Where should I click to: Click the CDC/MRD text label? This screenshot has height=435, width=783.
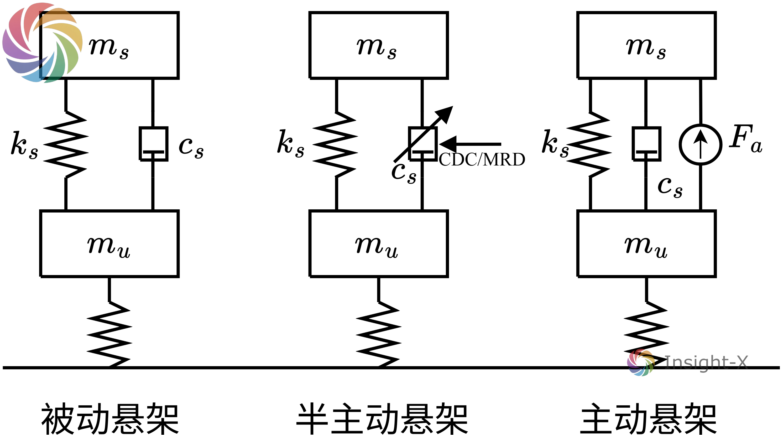(482, 159)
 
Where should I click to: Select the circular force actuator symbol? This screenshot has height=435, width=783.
(700, 145)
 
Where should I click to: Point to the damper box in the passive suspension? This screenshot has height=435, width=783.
(154, 144)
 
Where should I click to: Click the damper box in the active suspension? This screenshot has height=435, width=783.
(646, 144)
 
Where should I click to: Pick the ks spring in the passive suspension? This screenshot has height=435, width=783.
(66, 144)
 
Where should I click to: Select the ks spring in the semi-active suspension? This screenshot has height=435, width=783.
(336, 144)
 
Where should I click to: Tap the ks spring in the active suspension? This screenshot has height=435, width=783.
(590, 144)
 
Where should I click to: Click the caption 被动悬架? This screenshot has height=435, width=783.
(110, 419)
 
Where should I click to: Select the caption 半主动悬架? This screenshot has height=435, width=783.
(382, 419)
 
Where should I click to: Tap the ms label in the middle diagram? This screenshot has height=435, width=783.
(377, 48)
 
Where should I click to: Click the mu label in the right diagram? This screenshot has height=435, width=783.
(646, 247)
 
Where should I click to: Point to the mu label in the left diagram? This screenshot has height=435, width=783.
(108, 247)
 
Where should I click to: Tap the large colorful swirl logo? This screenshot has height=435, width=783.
(42, 43)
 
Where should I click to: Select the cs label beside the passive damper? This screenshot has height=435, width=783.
(191, 148)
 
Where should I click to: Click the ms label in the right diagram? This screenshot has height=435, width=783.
(646, 48)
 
